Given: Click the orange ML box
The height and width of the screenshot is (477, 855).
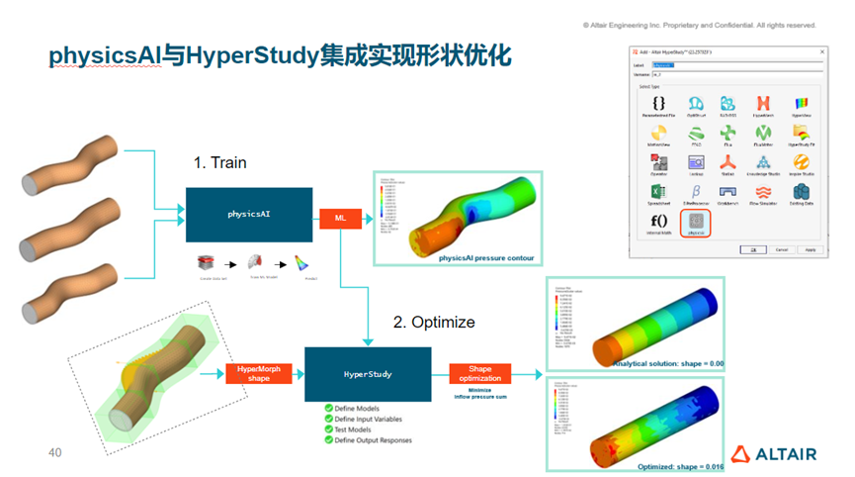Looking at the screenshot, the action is coord(339,218).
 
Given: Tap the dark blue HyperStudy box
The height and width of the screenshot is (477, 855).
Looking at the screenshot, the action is coord(366,374).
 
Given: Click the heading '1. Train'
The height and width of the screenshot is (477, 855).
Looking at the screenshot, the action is coord(219,162).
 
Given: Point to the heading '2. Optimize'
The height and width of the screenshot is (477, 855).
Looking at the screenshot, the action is coord(434,322).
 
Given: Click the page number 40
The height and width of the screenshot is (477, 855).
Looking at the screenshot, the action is coord(55,452).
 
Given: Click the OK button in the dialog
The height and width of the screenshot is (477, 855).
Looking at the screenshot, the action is coord(752,249).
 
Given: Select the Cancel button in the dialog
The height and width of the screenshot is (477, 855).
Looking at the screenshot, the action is coord(782,249).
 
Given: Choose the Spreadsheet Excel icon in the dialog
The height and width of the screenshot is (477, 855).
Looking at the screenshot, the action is coord(659,190).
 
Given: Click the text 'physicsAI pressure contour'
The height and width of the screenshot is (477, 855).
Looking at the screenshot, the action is coord(486,258).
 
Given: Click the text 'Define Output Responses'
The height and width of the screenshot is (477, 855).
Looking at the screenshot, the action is coord(374,439).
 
